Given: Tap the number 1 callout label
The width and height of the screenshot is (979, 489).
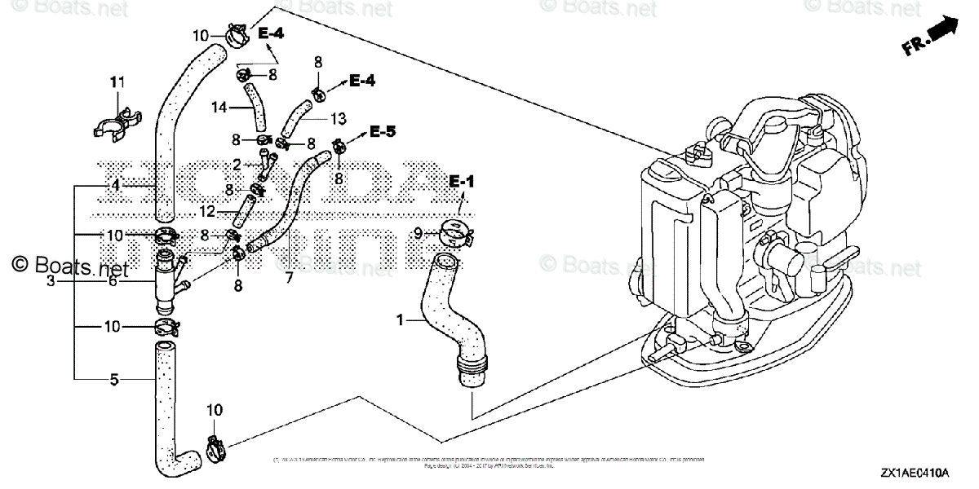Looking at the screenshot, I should (400, 322).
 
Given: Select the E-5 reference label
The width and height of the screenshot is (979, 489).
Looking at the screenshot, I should (382, 130).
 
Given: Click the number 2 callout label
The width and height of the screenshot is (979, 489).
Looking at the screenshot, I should (237, 165).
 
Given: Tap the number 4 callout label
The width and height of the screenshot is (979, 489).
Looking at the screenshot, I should (116, 186).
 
